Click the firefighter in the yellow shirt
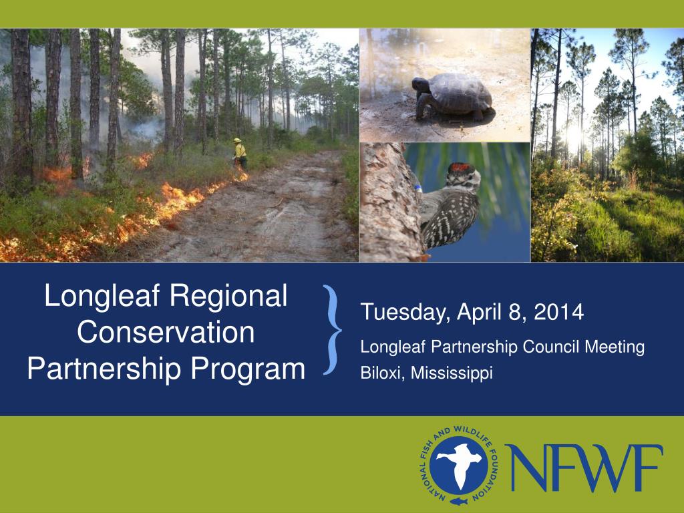point(240,152)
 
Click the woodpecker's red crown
point(460,167)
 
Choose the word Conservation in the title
point(166,332)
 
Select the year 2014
point(562,312)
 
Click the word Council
point(552,347)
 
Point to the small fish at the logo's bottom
point(458,500)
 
